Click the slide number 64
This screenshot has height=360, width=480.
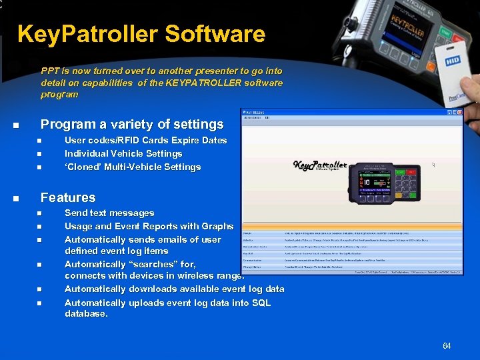click(447, 346)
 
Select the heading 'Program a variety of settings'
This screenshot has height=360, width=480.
click(132, 125)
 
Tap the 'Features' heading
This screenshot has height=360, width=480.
click(68, 198)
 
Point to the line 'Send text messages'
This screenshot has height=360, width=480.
click(109, 213)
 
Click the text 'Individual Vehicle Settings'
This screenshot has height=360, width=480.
click(123, 154)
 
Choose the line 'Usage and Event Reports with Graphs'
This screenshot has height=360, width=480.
click(149, 227)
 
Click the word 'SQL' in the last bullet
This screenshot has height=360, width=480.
click(261, 303)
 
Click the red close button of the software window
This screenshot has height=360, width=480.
click(459, 113)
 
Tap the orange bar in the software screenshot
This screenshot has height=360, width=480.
click(352, 227)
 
